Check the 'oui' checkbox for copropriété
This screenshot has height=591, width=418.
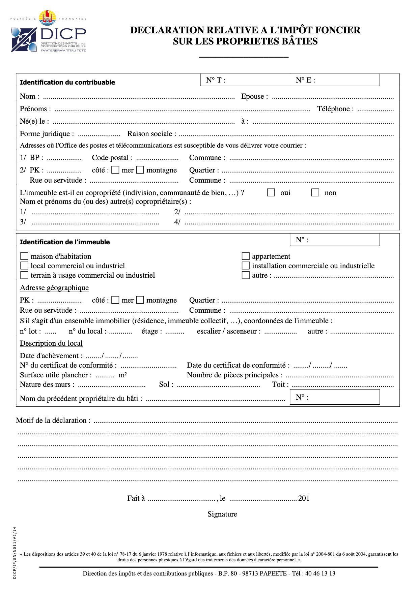[271, 192]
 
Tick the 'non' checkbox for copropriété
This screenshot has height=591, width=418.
[315, 192]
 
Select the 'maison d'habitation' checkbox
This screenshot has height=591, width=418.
[24, 256]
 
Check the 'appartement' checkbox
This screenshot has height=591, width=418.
[246, 256]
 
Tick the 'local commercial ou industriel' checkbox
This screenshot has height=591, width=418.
[24, 266]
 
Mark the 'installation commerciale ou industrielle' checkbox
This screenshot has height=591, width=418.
[246, 266]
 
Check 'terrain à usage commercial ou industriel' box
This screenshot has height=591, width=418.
[24, 275]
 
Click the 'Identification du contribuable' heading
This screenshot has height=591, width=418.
[67, 82]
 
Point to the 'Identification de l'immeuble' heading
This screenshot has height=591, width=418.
[65, 242]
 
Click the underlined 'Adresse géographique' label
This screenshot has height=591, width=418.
[54, 287]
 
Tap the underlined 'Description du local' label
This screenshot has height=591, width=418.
[51, 343]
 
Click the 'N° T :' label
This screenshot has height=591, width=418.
[216, 80]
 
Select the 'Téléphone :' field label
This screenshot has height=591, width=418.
[335, 108]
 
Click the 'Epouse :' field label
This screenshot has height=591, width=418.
[255, 96]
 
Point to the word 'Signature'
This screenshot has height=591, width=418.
[222, 514]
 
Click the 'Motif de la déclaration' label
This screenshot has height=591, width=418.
[53, 420]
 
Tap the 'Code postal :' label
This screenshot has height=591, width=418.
[112, 157]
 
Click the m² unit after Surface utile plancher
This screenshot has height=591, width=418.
[123, 375]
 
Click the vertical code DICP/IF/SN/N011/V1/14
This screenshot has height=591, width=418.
[15, 553]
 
